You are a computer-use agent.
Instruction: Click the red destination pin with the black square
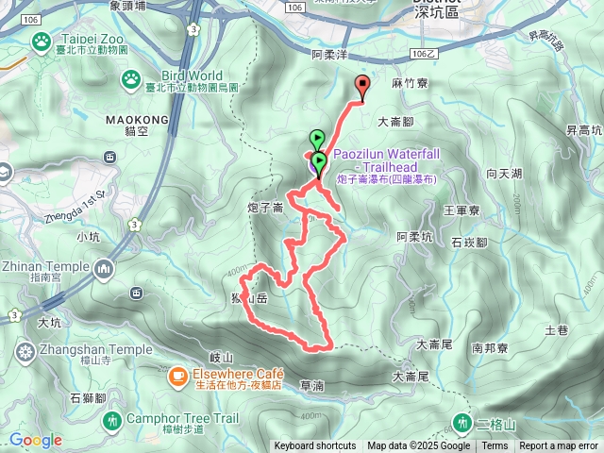click(x=361, y=86)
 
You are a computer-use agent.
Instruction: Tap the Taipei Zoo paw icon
click(x=41, y=42)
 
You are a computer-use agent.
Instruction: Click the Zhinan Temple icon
click(x=104, y=270)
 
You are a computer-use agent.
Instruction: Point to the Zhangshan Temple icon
click(x=25, y=352)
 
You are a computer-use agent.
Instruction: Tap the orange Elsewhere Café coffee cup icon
click(x=177, y=377)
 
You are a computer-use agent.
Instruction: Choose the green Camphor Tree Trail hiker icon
click(x=112, y=418)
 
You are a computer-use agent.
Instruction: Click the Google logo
click(x=35, y=440)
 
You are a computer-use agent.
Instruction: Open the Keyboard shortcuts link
click(x=315, y=446)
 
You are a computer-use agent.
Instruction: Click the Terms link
click(x=495, y=446)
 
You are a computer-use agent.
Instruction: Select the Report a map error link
click(x=558, y=446)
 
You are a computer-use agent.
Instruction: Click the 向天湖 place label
click(x=503, y=174)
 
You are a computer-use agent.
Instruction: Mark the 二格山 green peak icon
click(x=463, y=422)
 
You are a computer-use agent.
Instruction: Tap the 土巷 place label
click(x=556, y=330)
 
